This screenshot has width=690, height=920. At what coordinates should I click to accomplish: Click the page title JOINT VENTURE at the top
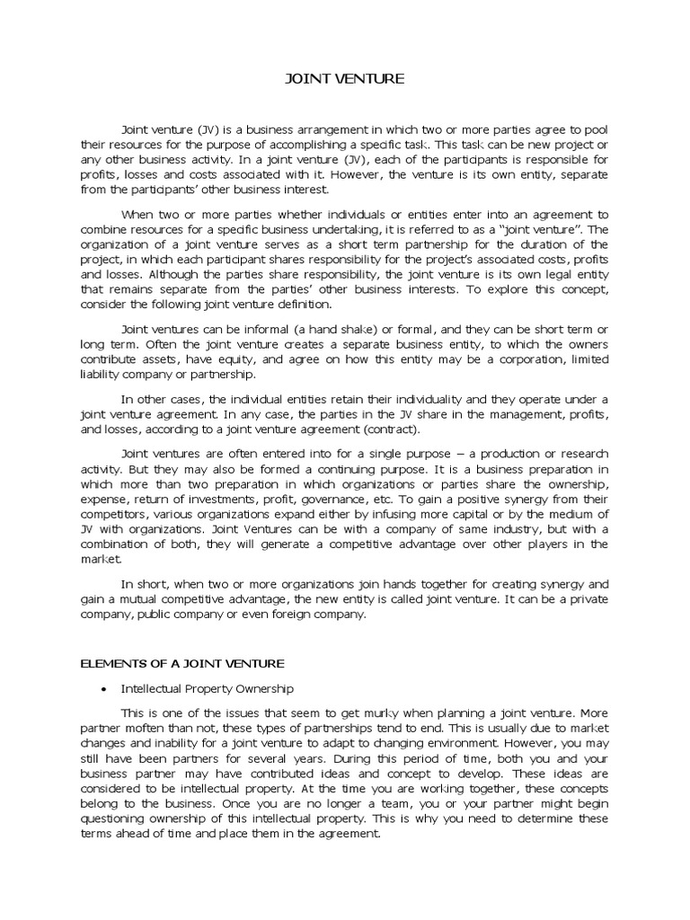(344, 79)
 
